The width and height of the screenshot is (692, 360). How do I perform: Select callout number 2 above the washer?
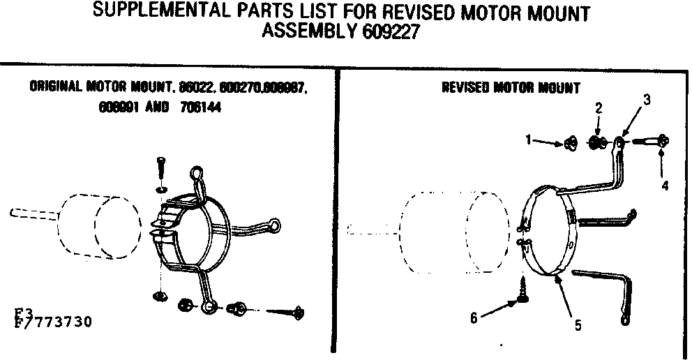pos(599,107)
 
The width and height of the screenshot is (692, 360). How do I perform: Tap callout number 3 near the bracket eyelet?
pos(647,99)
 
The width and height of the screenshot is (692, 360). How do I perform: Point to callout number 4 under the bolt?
pos(665,186)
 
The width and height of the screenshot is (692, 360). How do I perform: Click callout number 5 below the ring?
pos(577,324)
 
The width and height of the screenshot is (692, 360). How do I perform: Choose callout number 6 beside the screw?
pos(474,317)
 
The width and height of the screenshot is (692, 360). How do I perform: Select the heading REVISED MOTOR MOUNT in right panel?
pos(511,88)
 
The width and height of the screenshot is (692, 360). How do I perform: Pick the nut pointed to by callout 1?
pos(569,144)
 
